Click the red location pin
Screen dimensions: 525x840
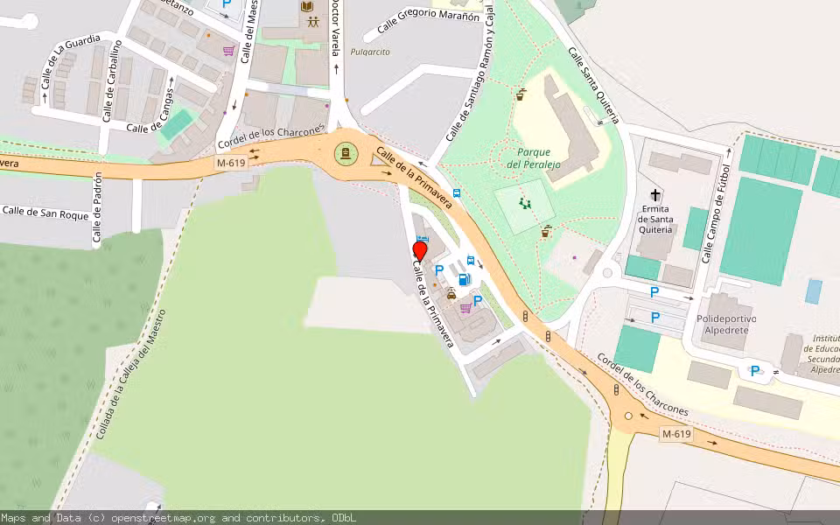tap(420, 252)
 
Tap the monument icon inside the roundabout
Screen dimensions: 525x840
tap(346, 155)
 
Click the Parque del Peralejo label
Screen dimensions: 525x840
tap(534, 157)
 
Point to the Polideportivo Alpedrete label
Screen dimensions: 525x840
tap(726, 325)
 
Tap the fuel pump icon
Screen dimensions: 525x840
tap(463, 279)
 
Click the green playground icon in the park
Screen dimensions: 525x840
tap(526, 204)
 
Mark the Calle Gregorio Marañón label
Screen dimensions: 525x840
tap(430, 19)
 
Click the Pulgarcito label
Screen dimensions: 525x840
tap(370, 52)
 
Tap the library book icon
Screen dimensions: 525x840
tap(307, 7)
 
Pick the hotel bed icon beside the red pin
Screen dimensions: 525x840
tap(423, 239)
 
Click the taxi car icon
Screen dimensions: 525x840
tap(451, 295)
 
